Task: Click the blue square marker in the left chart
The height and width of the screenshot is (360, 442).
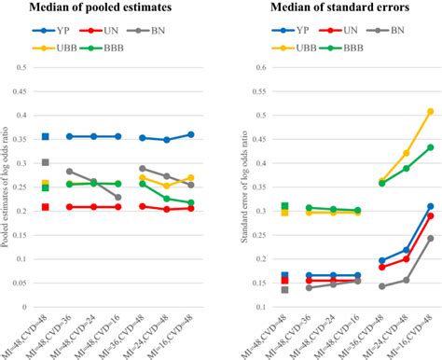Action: (x=46, y=137)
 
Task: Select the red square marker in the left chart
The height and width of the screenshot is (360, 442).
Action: (x=46, y=207)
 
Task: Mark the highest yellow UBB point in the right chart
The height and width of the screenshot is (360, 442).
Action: (x=430, y=112)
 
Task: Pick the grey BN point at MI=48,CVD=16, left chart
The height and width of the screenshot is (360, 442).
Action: (x=117, y=198)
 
